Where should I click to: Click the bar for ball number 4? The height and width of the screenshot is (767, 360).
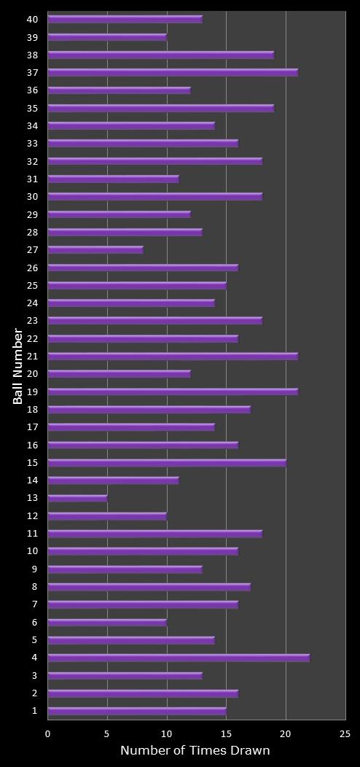179,658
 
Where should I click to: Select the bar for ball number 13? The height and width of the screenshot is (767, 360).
77,498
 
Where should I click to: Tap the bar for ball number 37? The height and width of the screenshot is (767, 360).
173,72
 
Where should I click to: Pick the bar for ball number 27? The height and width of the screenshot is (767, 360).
95,249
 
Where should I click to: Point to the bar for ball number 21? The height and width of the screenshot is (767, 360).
173,356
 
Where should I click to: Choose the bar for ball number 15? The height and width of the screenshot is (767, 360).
167,462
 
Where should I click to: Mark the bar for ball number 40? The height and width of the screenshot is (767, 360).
125,19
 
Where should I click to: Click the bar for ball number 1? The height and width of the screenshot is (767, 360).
137,711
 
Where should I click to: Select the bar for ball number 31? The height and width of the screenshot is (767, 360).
113,179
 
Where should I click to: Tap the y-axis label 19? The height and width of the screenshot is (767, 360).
32,392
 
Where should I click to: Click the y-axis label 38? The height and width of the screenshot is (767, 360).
32,55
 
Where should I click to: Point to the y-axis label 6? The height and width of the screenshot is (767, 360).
34,622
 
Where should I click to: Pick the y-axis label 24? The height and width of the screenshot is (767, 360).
32,303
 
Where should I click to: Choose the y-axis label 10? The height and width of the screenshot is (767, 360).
32,551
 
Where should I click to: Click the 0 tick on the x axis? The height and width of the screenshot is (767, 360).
48,734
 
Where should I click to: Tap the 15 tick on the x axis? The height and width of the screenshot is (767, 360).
226,734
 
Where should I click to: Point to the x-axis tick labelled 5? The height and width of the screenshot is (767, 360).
107,734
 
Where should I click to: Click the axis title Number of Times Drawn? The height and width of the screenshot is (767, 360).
195,751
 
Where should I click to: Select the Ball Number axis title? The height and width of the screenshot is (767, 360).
18,366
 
